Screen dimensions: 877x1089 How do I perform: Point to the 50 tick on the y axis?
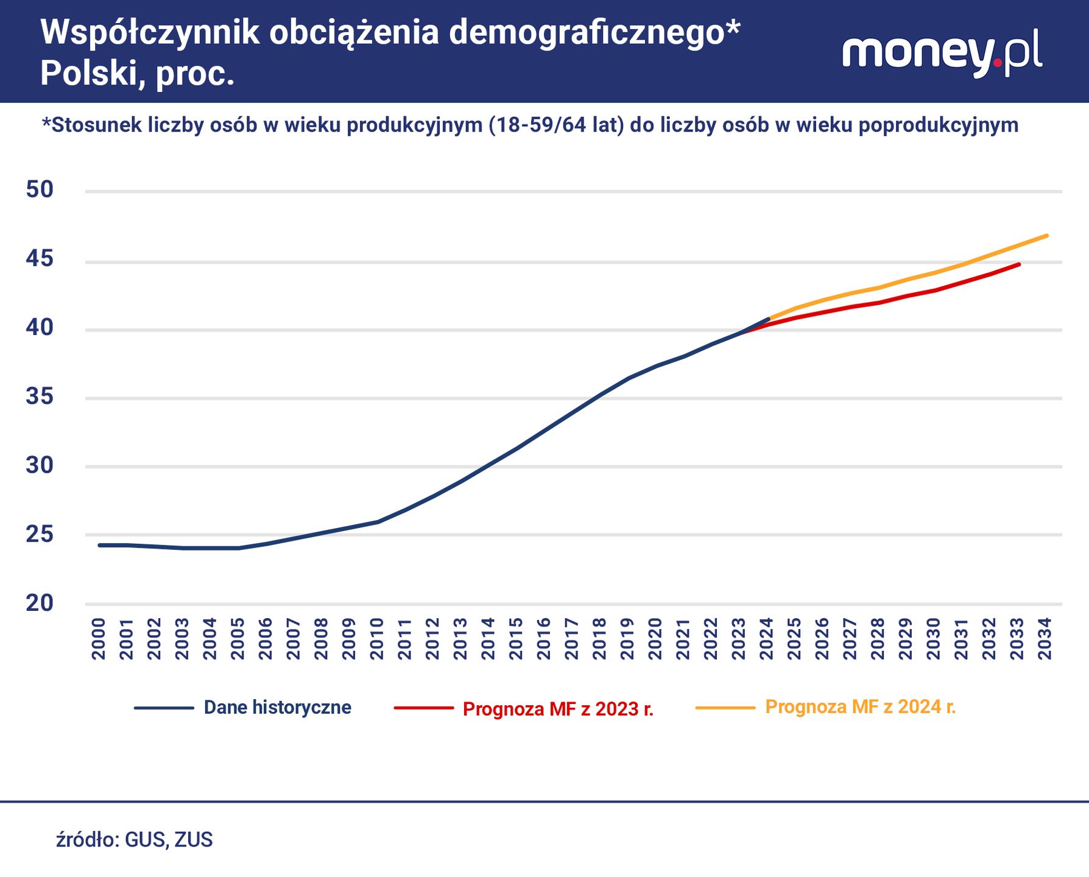(x=40, y=189)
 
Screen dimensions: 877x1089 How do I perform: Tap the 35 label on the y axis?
(x=40, y=397)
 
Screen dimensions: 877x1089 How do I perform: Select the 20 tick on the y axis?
(x=40, y=603)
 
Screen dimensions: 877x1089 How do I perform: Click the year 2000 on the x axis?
(x=99, y=638)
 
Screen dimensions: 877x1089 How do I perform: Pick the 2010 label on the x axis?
(x=377, y=638)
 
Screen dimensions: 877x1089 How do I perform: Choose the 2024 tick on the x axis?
(x=767, y=638)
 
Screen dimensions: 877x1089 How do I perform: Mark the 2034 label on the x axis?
(x=1045, y=638)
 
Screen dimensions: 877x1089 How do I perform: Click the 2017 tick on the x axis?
(x=572, y=638)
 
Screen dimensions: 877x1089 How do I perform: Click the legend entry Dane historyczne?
(x=277, y=708)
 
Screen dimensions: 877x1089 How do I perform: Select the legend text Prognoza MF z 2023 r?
(x=558, y=710)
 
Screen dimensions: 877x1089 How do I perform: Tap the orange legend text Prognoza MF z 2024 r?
(x=860, y=707)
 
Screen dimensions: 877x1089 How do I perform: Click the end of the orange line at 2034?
(x=1046, y=236)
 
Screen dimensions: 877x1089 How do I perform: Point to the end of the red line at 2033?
(x=1019, y=264)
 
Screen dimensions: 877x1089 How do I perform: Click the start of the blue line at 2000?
(x=99, y=545)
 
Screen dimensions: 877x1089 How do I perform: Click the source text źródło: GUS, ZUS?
(x=135, y=840)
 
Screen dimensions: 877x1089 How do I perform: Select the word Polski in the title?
(x=91, y=74)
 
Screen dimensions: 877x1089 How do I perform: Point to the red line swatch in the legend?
(x=424, y=708)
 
